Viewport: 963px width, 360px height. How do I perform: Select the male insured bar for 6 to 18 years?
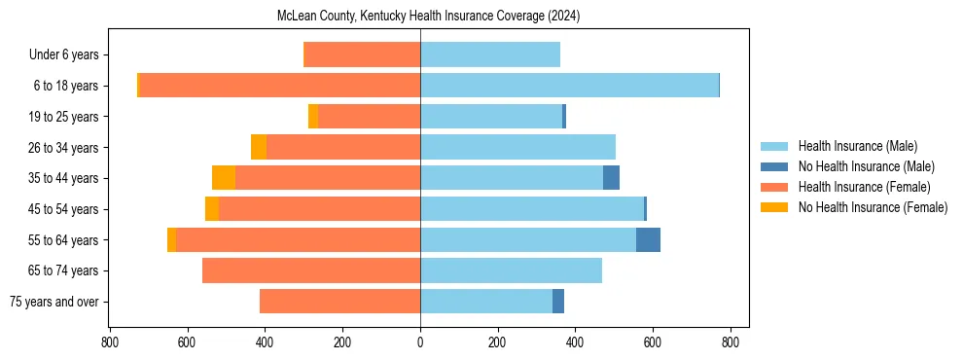tap(569, 86)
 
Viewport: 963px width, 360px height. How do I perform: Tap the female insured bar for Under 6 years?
tap(362, 54)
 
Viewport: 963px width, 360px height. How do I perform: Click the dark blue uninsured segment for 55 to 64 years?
tap(648, 239)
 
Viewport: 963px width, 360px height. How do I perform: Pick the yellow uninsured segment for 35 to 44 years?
tap(224, 178)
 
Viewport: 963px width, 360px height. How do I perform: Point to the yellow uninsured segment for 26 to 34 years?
tap(259, 147)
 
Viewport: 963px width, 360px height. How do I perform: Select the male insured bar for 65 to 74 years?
tap(511, 270)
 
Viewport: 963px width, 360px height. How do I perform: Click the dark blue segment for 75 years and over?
tap(558, 302)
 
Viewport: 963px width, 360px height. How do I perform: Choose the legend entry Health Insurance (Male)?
tap(857, 146)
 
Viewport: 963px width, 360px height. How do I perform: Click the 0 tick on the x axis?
tap(420, 342)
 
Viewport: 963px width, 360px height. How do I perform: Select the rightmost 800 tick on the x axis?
tap(731, 342)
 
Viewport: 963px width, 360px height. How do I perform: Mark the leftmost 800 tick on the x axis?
tap(110, 342)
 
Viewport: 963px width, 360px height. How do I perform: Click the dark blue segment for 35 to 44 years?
tap(611, 178)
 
